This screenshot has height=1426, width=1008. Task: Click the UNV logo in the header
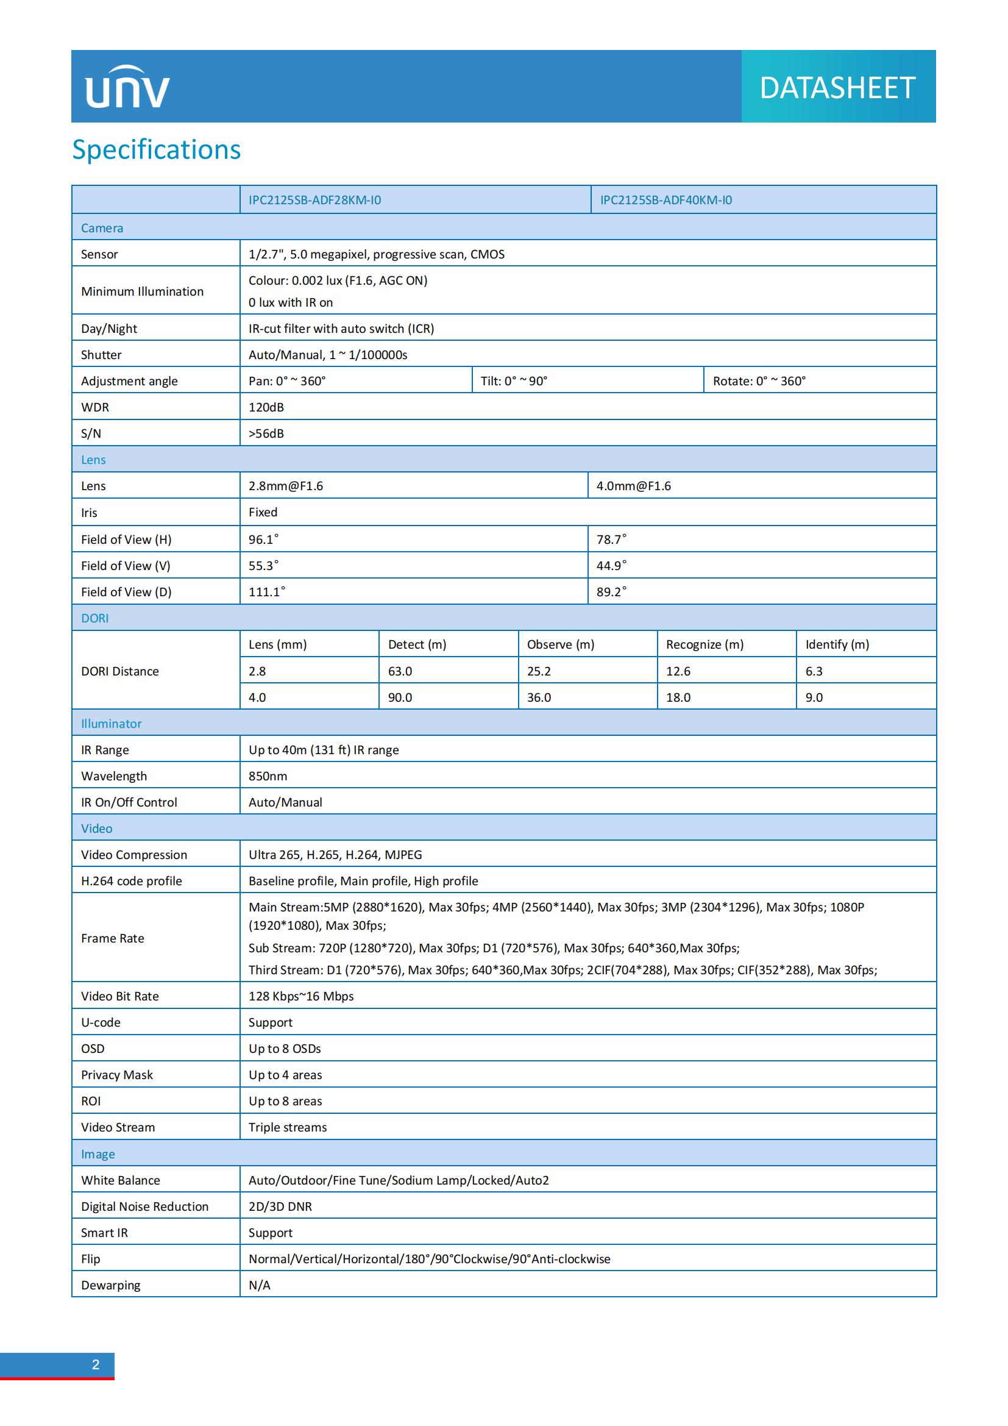pos(127,88)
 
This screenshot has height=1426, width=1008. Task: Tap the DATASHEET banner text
pos(837,88)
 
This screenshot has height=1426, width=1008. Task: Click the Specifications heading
pos(157,150)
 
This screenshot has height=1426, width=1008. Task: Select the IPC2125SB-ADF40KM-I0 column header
pos(666,200)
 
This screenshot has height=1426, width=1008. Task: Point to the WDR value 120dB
pos(266,407)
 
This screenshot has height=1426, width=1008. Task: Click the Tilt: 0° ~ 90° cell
pos(514,380)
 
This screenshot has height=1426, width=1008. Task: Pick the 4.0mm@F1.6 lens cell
pos(634,486)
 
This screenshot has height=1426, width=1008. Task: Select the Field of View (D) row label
pos(126,592)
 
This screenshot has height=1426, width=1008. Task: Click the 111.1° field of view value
pos(267,592)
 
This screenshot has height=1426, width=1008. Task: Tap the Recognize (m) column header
pos(705,644)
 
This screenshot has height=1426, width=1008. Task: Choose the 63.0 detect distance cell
pos(400,671)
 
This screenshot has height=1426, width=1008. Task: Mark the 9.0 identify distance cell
pos(814,697)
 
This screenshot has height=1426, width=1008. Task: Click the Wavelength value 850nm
pos(268,776)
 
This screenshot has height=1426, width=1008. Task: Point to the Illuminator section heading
pos(111,724)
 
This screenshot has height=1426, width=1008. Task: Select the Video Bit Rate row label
pos(120,996)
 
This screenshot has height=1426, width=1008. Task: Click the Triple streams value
pos(288,1127)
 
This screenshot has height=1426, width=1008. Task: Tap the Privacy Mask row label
pos(116,1075)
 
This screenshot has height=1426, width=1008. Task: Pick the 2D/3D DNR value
pos(280,1207)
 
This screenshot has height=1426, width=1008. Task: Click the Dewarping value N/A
pos(260,1285)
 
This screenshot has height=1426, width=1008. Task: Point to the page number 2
pos(96,1364)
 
